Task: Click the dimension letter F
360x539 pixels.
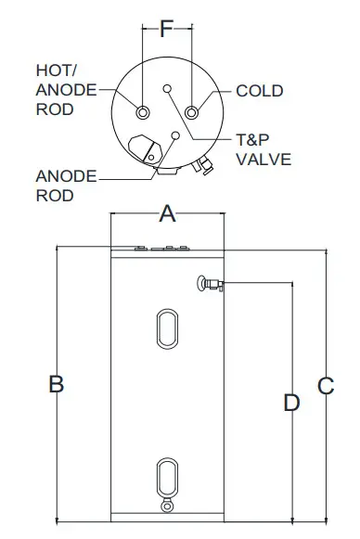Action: pyautogui.click(x=167, y=28)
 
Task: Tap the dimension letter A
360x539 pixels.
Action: pyautogui.click(x=167, y=214)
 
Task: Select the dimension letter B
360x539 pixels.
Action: pyautogui.click(x=56, y=383)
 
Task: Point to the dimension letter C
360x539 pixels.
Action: pyautogui.click(x=325, y=386)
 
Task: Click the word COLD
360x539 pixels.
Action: pyautogui.click(x=260, y=91)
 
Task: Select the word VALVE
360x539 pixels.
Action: pyautogui.click(x=264, y=159)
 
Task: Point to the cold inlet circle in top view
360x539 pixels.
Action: pyautogui.click(x=192, y=112)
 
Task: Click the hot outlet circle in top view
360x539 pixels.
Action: pyautogui.click(x=143, y=112)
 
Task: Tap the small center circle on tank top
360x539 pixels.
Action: pyautogui.click(x=167, y=89)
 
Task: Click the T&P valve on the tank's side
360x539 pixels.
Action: pyautogui.click(x=208, y=283)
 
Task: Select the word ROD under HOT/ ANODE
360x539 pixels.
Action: pyautogui.click(x=53, y=108)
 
